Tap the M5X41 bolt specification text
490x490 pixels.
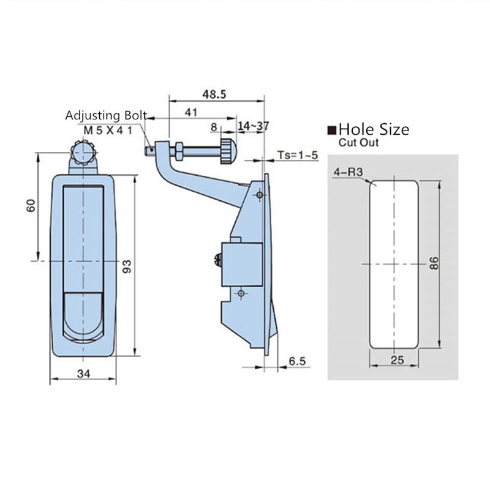pyautogui.click(x=108, y=130)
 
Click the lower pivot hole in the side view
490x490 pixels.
pyautogui.click(x=241, y=295)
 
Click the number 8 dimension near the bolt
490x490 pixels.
pyautogui.click(x=214, y=126)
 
